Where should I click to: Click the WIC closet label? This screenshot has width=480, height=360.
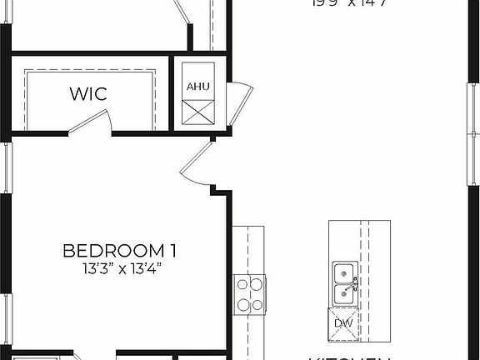[87, 93]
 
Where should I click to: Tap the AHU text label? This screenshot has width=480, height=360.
[197, 87]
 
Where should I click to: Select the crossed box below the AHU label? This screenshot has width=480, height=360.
[197, 111]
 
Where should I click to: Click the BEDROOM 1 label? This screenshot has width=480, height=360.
[120, 250]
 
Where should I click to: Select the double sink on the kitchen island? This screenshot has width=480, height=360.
[342, 284]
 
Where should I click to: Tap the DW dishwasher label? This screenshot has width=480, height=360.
[343, 322]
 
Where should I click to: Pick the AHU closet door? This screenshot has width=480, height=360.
[242, 105]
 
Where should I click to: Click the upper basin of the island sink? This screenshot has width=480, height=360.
[342, 272]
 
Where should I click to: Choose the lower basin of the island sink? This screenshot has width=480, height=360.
[342, 294]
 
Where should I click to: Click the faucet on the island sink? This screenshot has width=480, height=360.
[354, 284]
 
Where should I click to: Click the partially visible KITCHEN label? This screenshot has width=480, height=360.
[350, 357]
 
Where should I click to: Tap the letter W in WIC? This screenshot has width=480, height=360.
[76, 93]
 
